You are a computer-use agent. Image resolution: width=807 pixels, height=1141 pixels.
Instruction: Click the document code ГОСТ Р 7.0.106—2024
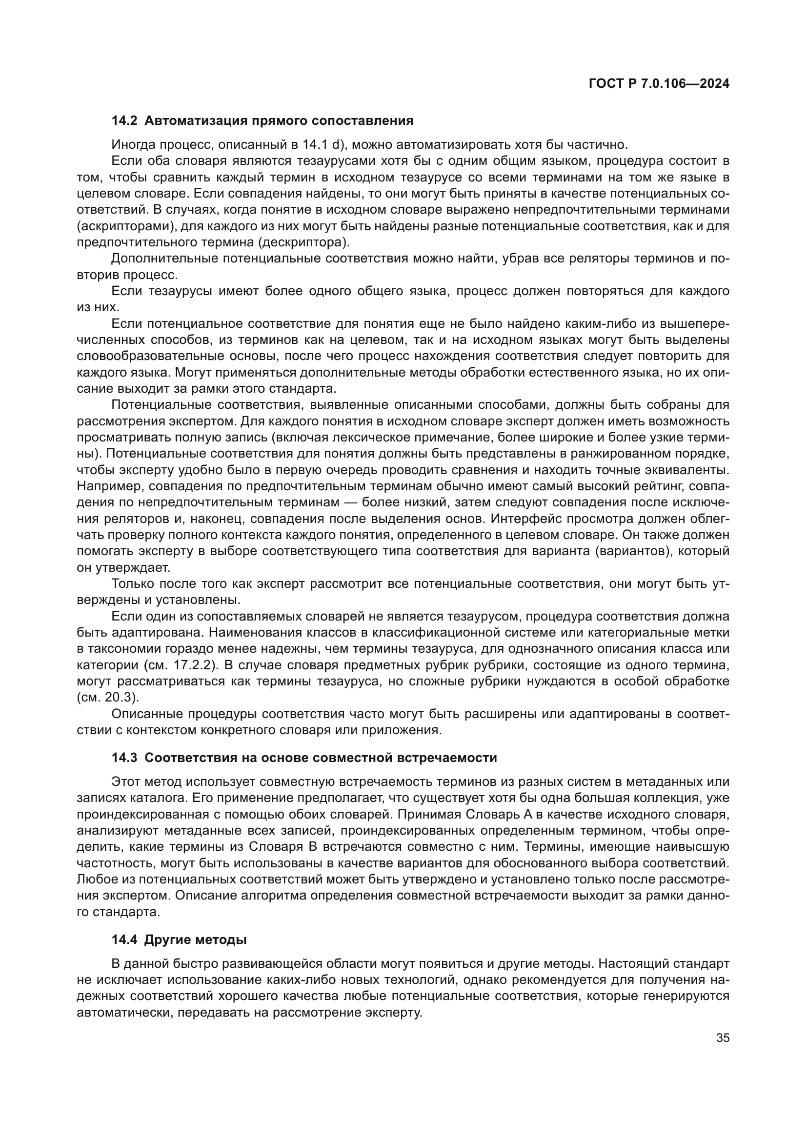(658, 84)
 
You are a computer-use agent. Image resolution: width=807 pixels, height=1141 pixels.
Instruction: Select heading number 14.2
(124, 121)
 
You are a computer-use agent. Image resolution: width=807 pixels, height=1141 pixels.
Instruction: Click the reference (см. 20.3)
(107, 697)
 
